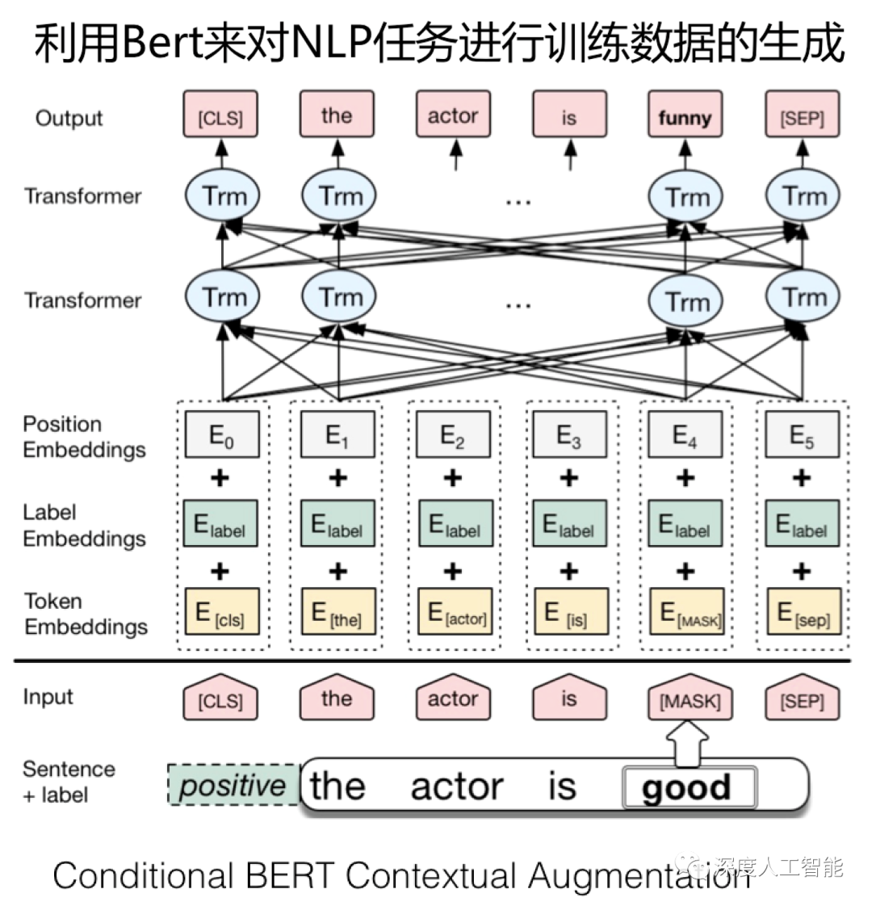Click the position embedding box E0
(221, 434)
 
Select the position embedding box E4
(685, 434)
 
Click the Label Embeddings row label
(84, 526)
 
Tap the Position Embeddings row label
(84, 437)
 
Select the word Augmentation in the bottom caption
(637, 876)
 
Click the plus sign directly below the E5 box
(801, 478)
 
